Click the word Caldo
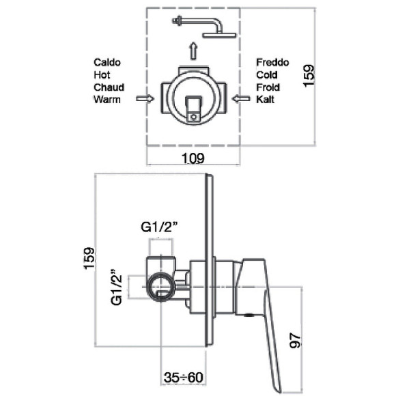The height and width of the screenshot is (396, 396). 107,62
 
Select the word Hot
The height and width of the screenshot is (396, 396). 102,75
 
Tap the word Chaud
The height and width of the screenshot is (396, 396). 109,87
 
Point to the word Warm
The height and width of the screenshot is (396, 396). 107,100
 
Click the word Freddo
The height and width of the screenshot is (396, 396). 272,62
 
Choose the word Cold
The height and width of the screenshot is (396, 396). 267,75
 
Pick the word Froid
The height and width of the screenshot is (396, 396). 268,87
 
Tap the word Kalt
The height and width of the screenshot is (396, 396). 265,100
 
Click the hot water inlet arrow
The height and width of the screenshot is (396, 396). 145,98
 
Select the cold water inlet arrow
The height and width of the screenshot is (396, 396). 241,98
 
